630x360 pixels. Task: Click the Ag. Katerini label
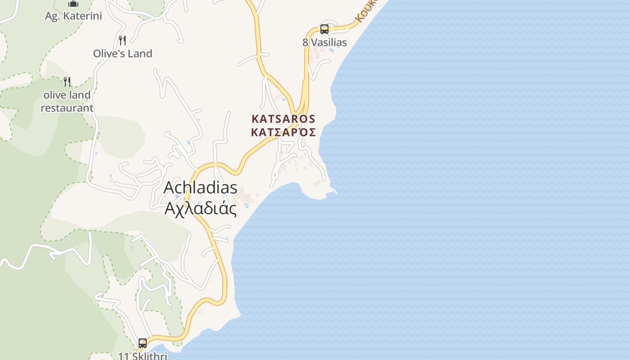click(x=73, y=16)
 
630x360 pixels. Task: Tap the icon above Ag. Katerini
click(x=73, y=4)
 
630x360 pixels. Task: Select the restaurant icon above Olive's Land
click(x=122, y=40)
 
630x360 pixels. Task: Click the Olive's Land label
click(x=122, y=54)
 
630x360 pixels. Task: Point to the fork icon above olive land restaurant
click(x=67, y=81)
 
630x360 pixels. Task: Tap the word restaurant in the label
click(x=67, y=108)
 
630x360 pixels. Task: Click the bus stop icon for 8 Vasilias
click(x=324, y=29)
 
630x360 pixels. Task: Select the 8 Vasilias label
click(x=324, y=42)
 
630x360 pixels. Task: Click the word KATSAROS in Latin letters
click(x=283, y=119)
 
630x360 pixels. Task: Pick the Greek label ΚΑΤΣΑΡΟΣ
click(x=283, y=132)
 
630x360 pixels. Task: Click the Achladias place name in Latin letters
click(x=200, y=187)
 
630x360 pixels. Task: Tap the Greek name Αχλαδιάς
click(x=200, y=208)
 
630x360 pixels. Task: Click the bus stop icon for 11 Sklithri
click(x=142, y=343)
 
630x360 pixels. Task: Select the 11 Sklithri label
click(x=143, y=356)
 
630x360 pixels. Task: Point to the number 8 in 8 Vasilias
click(x=306, y=42)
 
